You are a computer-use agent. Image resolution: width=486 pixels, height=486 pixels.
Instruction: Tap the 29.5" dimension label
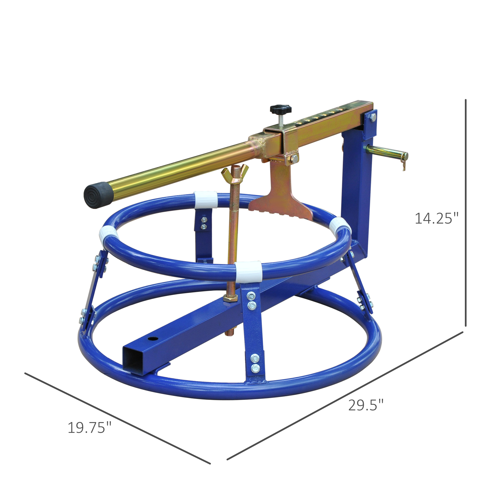point(366,405)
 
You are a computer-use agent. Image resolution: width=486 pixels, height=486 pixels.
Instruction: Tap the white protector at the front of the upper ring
point(249,271)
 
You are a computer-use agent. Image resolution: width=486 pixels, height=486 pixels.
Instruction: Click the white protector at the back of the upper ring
point(206,200)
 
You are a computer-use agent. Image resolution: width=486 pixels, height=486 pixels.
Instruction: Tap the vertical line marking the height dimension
point(466,214)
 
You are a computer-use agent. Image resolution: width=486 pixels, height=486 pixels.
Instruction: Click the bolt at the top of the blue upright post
point(373,117)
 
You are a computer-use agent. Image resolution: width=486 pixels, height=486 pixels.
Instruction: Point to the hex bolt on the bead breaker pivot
point(294,158)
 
